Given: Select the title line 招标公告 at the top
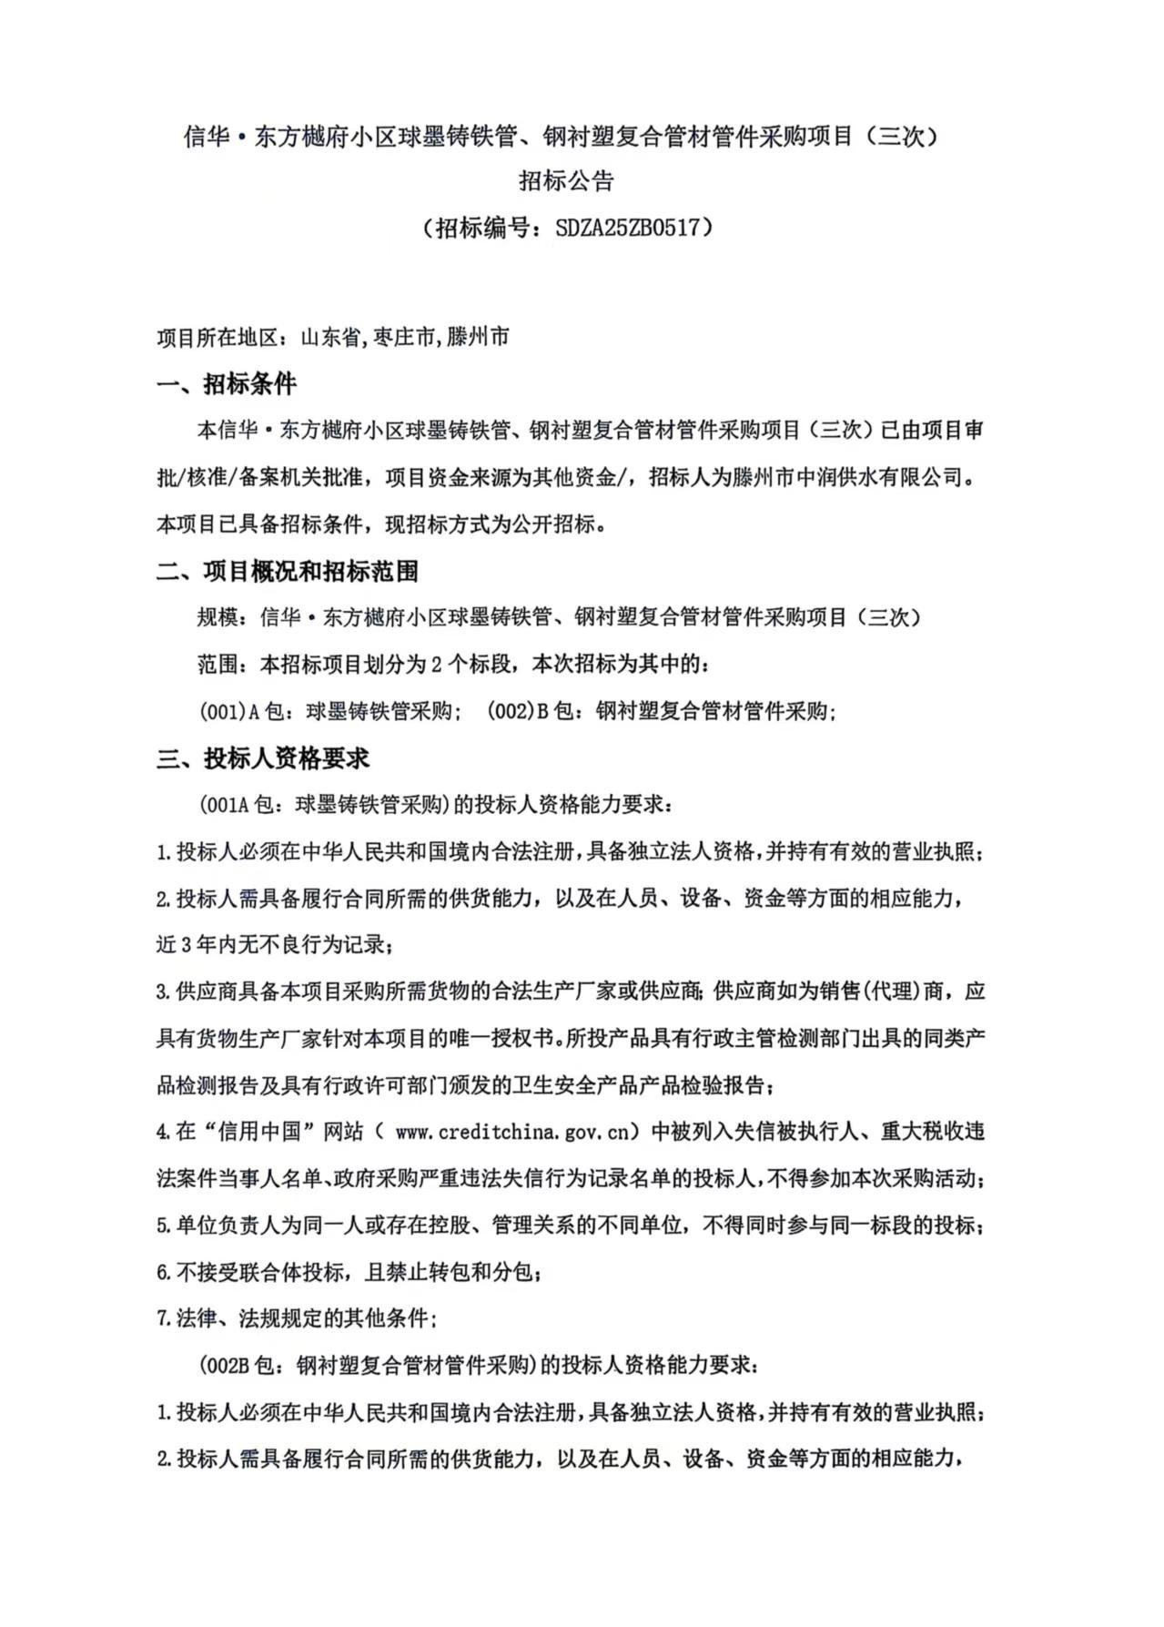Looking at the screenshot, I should point(566,180).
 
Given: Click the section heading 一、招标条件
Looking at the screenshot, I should point(227,384).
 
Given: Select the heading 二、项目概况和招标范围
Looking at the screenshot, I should point(288,572).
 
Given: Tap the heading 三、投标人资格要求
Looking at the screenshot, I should point(263,758).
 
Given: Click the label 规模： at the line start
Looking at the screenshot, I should point(222,618).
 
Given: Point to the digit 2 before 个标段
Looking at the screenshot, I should point(437,665).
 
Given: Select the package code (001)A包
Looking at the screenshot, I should point(240,712).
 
